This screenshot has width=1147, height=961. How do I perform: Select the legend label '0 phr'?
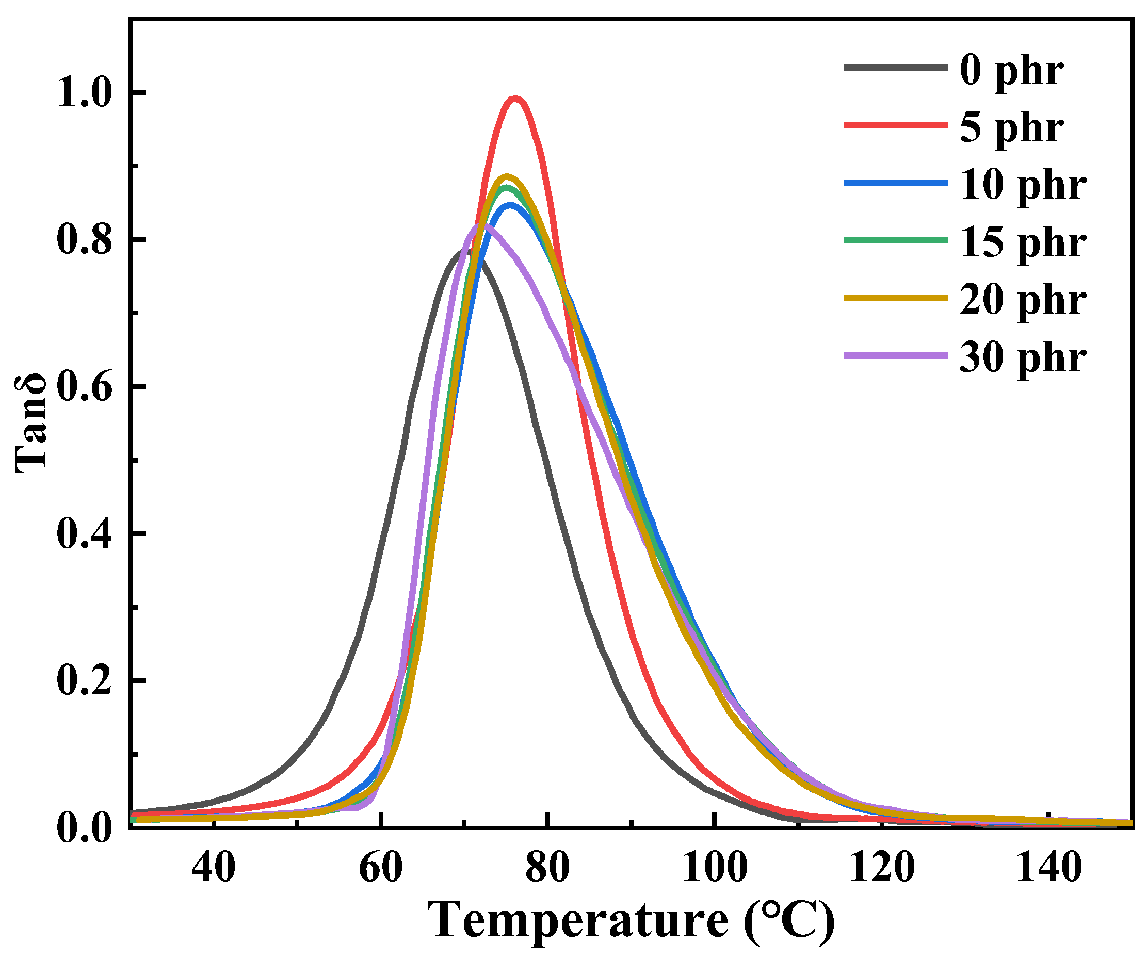(x=1011, y=72)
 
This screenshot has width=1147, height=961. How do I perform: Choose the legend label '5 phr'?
(x=1011, y=129)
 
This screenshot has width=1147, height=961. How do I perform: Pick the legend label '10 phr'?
(x=1023, y=186)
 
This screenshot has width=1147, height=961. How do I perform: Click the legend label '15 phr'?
(x=1023, y=243)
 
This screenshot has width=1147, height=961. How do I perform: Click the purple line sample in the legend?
(x=896, y=355)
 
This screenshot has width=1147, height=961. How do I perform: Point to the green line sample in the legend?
(x=896, y=240)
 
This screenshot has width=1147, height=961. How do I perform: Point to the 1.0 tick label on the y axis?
(x=85, y=93)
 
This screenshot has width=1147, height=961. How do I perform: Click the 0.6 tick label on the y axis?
(x=85, y=386)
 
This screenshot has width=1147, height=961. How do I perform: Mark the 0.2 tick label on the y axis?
(x=85, y=681)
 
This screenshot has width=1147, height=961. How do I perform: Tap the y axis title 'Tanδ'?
(x=31, y=423)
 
